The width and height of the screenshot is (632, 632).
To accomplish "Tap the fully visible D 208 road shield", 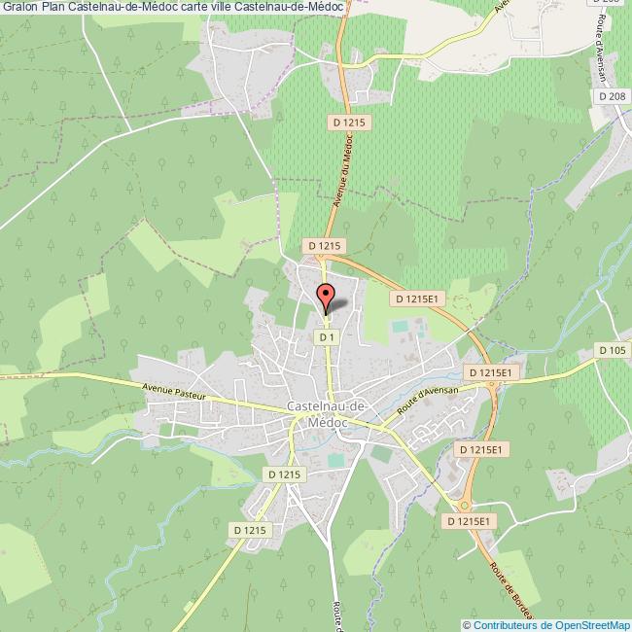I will [x=613, y=96].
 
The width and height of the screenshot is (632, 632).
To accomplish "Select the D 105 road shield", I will [x=613, y=350].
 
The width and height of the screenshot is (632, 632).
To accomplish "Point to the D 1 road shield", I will [x=327, y=336].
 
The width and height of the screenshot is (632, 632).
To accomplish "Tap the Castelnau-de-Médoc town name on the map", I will [x=327, y=414].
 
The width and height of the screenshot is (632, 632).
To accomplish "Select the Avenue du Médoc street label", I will [x=343, y=171].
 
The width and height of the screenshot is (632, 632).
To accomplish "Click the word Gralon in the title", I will [x=19, y=7].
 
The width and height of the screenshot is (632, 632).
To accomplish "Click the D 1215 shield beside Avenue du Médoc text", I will [x=349, y=122].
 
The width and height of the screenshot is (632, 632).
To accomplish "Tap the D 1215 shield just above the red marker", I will [x=324, y=247].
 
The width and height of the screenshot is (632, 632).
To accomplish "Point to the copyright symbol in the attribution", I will [x=468, y=625].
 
